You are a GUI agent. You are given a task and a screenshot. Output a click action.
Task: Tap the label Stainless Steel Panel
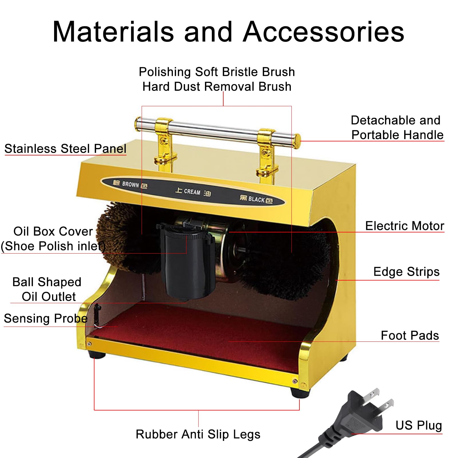[65, 149]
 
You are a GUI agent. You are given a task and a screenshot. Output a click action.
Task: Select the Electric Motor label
[404, 226]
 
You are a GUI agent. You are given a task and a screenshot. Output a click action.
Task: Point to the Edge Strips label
[406, 272]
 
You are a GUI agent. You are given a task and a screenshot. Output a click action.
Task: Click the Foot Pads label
[410, 335]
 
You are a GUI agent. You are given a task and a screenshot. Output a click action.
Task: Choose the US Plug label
[418, 425]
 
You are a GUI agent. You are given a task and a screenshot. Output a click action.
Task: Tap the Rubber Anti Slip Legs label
[198, 434]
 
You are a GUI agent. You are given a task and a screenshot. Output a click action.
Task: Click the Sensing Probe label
[46, 318]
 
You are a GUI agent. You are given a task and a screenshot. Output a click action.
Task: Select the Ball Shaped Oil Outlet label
[47, 289]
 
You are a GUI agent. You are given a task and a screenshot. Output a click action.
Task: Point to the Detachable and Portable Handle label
[396, 127]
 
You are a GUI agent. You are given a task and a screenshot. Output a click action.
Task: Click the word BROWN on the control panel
[131, 184]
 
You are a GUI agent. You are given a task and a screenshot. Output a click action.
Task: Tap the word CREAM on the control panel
[192, 192]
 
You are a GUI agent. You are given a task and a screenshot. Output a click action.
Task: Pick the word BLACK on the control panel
[256, 199]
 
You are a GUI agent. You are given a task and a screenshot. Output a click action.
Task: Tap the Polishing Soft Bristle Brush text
[217, 72]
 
